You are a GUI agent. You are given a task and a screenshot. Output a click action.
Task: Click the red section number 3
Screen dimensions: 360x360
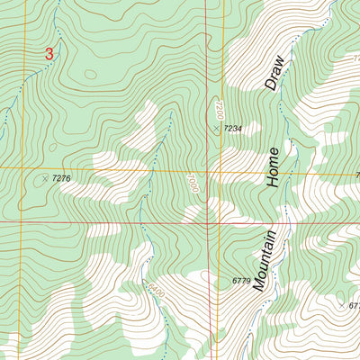[49, 54]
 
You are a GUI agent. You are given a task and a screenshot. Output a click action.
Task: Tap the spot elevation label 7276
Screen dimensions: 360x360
[61, 179]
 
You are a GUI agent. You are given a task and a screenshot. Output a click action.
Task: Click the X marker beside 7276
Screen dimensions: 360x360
[44, 178]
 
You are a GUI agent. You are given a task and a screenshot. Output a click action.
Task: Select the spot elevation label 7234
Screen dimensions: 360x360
[232, 130]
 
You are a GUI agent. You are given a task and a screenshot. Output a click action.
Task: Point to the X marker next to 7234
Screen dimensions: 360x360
[216, 129]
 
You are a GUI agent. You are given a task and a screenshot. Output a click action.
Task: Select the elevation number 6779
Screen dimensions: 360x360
[241, 281]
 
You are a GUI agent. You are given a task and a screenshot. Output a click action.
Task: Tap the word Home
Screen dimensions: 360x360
[274, 166]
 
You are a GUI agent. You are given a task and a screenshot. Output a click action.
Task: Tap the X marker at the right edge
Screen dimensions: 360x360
[342, 305]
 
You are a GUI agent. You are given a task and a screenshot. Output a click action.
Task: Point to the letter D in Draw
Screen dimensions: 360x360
[272, 86]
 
